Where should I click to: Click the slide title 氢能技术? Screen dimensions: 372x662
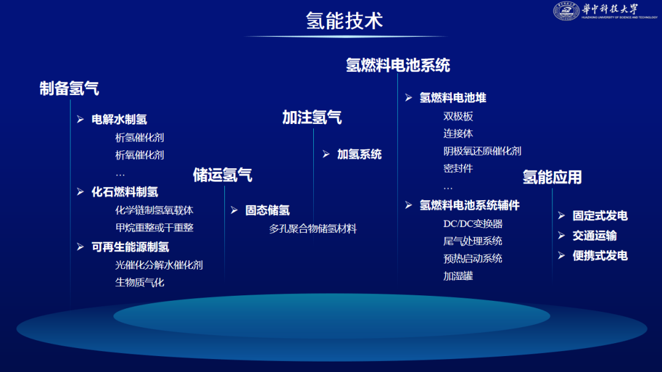tap(344, 20)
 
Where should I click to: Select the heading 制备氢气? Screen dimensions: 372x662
tap(69, 89)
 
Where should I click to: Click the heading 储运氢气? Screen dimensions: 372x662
tap(223, 175)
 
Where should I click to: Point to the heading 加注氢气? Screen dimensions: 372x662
tap(311, 117)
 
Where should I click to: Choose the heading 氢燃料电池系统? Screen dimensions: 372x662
tap(398, 65)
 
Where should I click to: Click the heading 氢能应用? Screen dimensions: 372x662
tap(552, 177)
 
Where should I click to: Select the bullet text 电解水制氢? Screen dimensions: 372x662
tap(119, 119)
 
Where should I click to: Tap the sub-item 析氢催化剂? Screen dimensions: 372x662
tap(139, 138)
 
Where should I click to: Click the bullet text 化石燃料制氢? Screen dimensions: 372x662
tap(124, 192)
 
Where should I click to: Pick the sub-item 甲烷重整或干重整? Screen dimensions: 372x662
tap(154, 228)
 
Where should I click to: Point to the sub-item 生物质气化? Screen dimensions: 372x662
tap(139, 282)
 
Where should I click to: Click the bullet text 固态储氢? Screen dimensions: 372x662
tap(267, 211)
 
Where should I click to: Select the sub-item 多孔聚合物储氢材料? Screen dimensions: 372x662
tap(313, 229)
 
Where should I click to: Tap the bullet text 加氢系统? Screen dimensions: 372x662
tap(359, 154)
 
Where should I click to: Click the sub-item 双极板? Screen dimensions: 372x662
tap(458, 116)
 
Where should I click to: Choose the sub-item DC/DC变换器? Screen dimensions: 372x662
tap(473, 223)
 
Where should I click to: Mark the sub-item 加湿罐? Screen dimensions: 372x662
tap(458, 276)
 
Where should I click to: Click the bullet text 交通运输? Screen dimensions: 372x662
tap(595, 236)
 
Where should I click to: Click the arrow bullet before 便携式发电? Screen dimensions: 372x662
tap(561, 255)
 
